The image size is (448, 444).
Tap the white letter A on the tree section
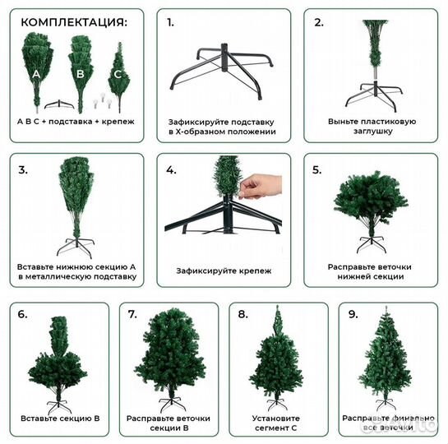pos(36,74)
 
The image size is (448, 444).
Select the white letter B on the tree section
pos(81,74)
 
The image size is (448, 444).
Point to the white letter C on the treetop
pos(118,74)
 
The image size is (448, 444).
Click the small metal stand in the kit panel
pos(59,104)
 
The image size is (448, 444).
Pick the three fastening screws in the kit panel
pos(102,100)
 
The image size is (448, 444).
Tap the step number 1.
pos(170,22)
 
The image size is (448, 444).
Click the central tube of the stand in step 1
pos(225,57)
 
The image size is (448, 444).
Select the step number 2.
pos(319,22)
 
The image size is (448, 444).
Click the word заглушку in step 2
pos(373,131)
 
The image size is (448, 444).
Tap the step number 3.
pos(23,169)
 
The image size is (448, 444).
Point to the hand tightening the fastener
pos(260,187)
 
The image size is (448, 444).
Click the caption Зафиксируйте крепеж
pos(224,271)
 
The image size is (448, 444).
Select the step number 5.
pos(316,169)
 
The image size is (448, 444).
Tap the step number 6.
pos(22,314)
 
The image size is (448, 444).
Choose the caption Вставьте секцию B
pos(60,419)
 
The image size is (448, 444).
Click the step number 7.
pos(132,314)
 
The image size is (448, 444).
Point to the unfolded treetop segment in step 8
pos(277,319)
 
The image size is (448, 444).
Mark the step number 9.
pos(353,314)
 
